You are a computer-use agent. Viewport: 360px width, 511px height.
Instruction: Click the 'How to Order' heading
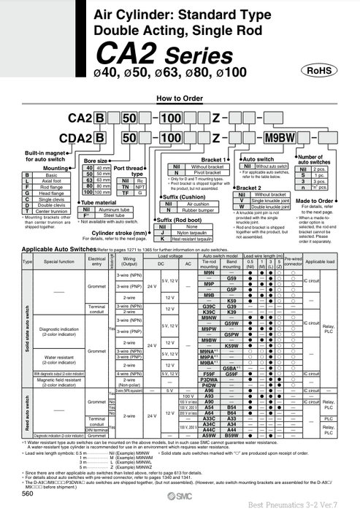[x=180, y=98]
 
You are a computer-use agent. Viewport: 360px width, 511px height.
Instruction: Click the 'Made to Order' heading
[x=314, y=201]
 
